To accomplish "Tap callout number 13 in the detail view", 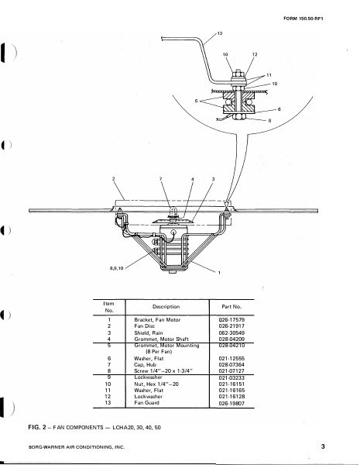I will pyautogui.click(x=220, y=34).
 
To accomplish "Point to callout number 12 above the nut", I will pyautogui.click(x=255, y=55).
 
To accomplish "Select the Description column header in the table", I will pyautogui.click(x=166, y=307).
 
